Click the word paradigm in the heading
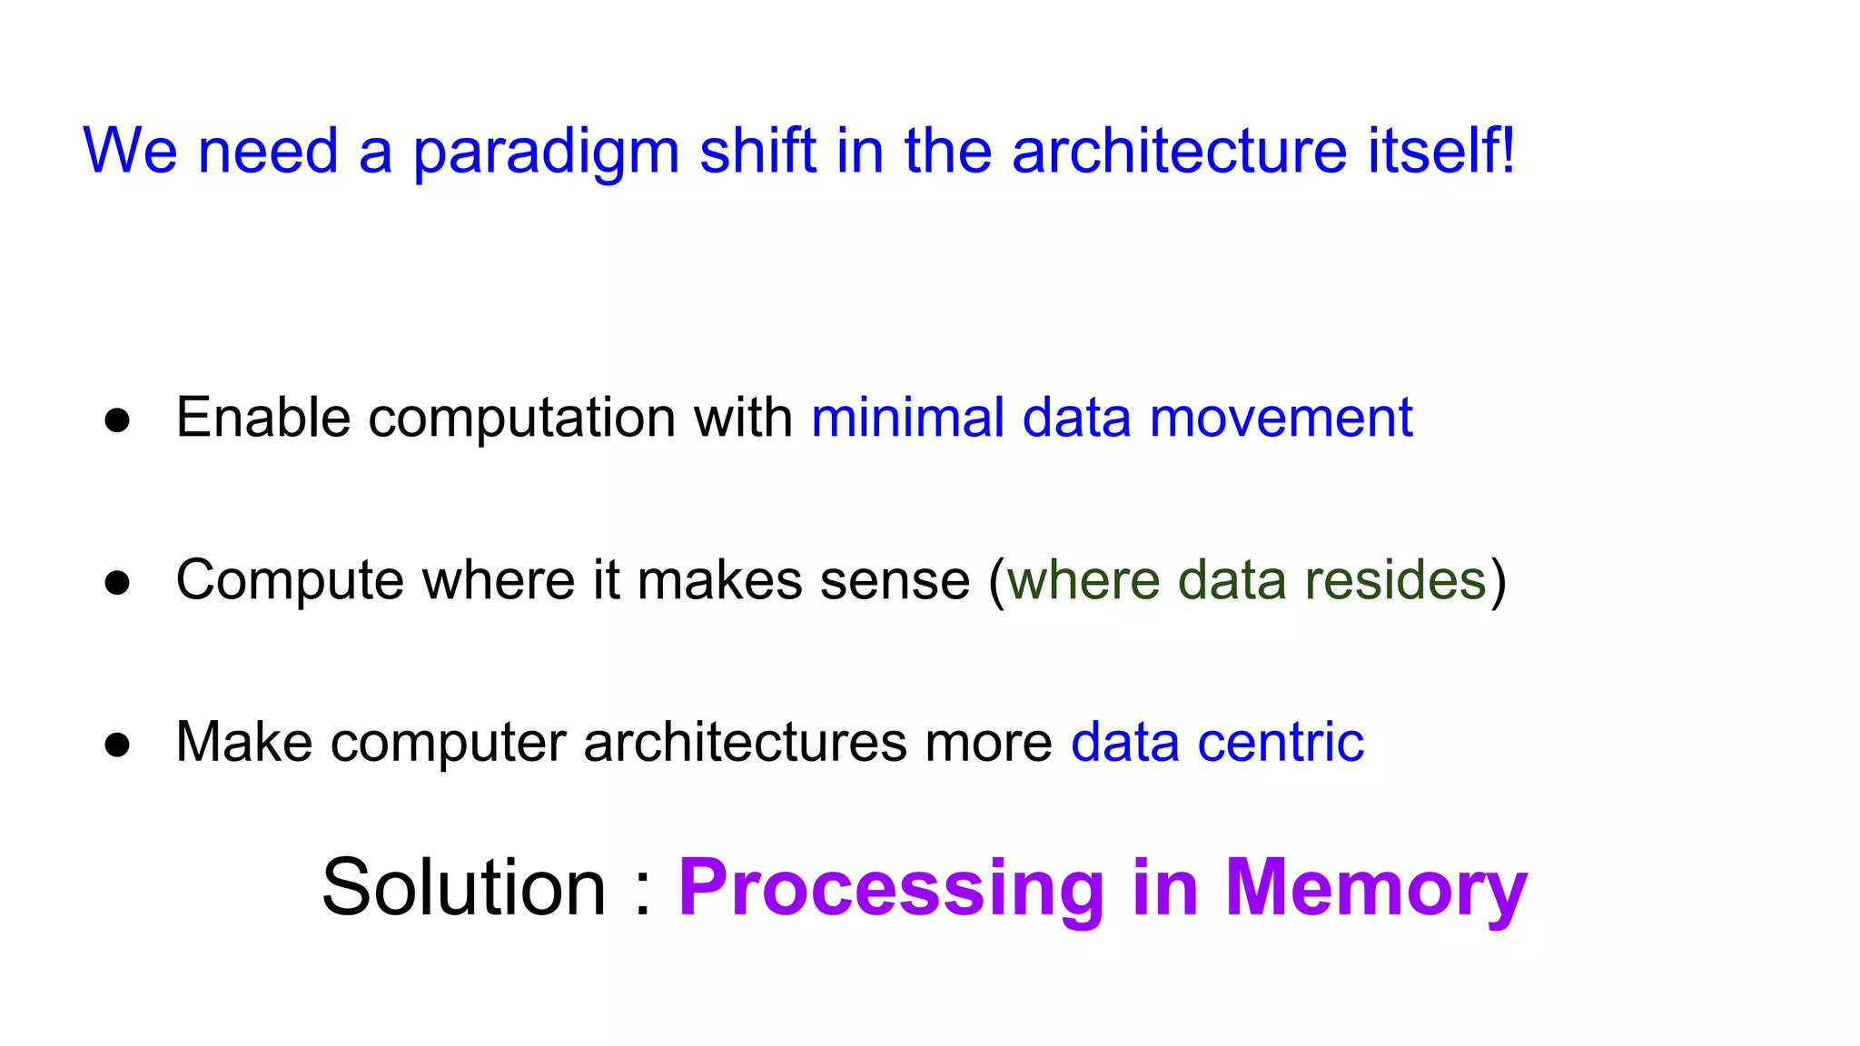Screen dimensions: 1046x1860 coord(546,153)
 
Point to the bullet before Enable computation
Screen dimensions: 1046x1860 coord(117,420)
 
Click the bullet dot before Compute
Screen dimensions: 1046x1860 coord(117,582)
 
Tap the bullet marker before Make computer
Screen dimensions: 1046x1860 coord(117,745)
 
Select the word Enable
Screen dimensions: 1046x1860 coord(263,418)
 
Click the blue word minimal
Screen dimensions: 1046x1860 coord(907,418)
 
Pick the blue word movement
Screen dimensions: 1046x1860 coord(1281,418)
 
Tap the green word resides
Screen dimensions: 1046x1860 coord(1395,580)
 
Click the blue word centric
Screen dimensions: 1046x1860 coord(1281,743)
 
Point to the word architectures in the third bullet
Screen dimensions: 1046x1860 coord(745,743)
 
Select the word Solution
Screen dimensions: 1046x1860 coord(463,887)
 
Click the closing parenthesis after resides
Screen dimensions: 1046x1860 coord(1499,582)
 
